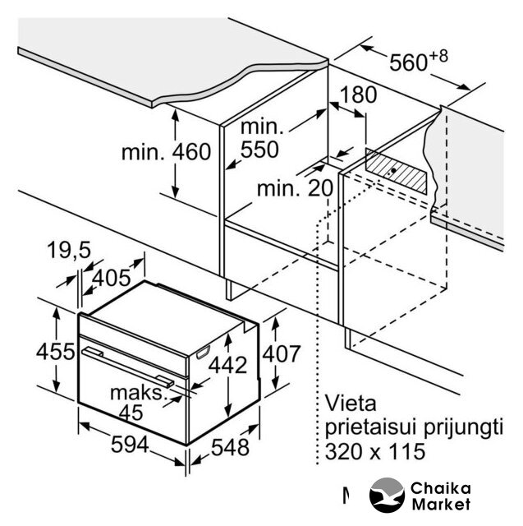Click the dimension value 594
130,445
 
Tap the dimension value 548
230,447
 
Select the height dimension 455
56,352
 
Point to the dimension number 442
227,365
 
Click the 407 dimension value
282,353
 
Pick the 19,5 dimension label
69,250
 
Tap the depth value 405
111,278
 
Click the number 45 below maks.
131,413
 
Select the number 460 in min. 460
191,151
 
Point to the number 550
259,149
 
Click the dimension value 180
358,95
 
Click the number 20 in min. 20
320,188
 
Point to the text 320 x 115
375,451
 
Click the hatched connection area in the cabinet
397,171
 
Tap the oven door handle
127,367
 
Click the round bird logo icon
387,495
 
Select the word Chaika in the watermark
441,488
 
